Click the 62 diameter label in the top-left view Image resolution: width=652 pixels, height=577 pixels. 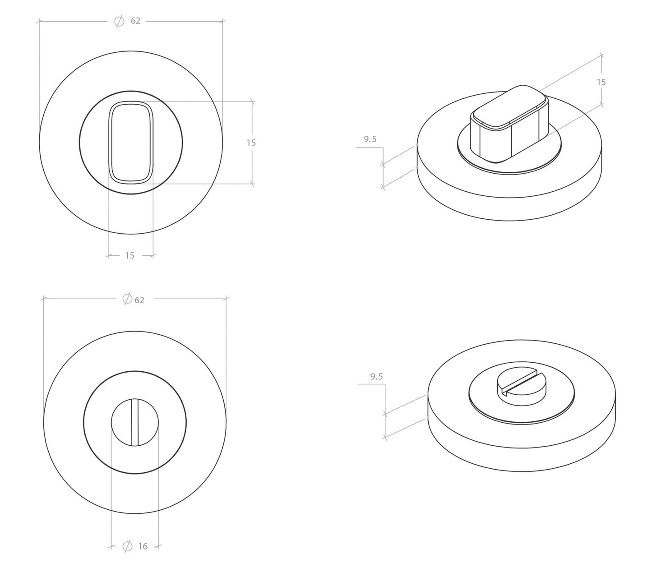[135, 21]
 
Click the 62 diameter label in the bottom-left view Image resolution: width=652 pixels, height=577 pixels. [139, 300]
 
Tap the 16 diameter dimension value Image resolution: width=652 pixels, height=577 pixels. [143, 546]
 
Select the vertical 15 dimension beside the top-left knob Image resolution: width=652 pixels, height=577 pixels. [251, 143]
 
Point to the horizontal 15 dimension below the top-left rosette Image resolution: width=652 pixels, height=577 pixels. [129, 255]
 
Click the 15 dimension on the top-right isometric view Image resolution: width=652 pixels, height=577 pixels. [601, 83]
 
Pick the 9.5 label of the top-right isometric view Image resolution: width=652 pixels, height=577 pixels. [370, 139]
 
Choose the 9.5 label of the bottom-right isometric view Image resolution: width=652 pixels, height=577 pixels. [376, 377]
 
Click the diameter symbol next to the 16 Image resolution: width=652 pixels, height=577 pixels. [127, 546]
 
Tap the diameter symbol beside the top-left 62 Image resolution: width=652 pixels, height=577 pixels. [119, 21]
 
